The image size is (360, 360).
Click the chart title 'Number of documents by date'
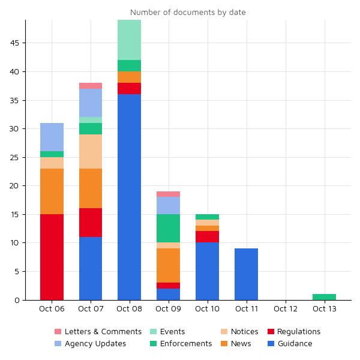coord(188,12)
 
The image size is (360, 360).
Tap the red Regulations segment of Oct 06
coord(52,257)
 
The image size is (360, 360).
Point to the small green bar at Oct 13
coord(324,297)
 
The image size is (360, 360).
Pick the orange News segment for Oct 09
coord(168,265)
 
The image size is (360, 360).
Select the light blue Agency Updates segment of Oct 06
coord(52,137)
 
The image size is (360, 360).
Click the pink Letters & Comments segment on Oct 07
coord(91,86)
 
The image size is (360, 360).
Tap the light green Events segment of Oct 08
coord(130,40)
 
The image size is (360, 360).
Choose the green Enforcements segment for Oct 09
coord(168,228)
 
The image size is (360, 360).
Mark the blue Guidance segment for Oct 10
coord(207,271)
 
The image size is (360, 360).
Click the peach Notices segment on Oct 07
coord(91,151)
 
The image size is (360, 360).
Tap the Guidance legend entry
coord(295,344)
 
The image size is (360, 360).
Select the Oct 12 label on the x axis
coord(285,309)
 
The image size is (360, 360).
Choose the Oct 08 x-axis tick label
coord(130,309)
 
